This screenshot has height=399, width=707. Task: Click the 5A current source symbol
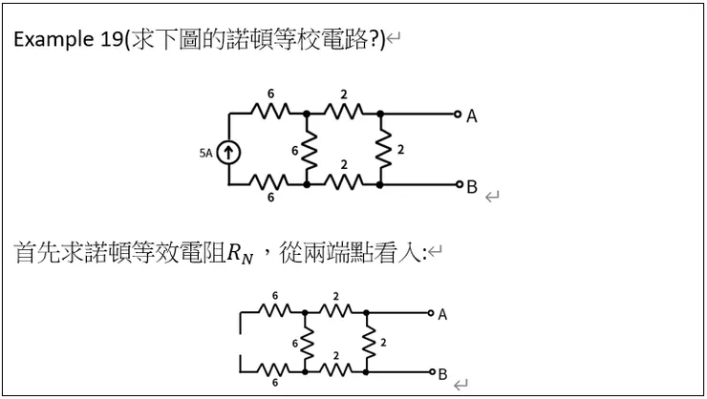[x=230, y=152]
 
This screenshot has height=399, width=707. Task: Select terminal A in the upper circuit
[x=458, y=114]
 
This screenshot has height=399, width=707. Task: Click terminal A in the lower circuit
[x=431, y=312]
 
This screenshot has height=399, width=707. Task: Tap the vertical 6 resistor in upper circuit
[x=308, y=150]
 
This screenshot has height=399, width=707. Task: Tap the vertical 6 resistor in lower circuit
[x=305, y=341]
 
